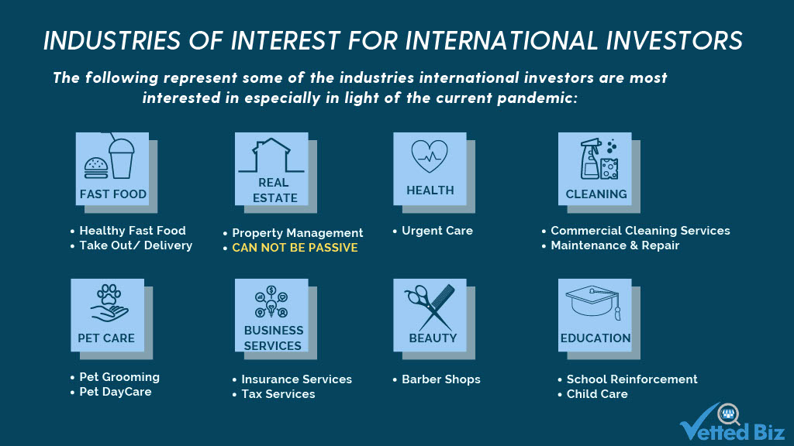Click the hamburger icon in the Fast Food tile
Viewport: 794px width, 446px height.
tap(96, 168)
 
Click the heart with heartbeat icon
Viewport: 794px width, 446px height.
tap(430, 156)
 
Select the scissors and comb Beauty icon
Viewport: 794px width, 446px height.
tap(430, 307)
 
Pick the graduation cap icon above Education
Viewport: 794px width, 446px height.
tap(593, 303)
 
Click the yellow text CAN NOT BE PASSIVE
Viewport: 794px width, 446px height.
tap(295, 248)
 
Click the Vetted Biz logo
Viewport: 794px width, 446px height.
tap(732, 422)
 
